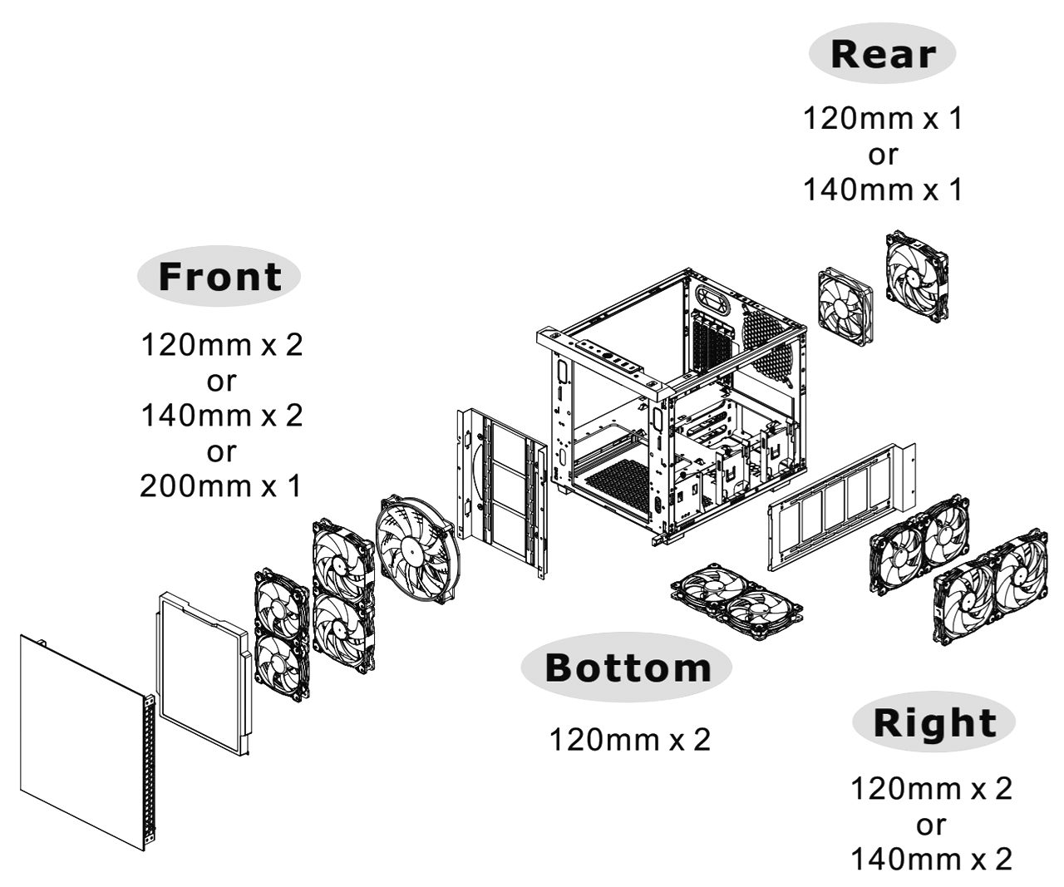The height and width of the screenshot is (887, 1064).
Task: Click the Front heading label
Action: tap(219, 276)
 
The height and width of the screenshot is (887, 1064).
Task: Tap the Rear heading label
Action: tap(883, 54)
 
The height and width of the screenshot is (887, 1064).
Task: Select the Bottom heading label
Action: tap(627, 668)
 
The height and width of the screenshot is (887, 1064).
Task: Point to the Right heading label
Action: tap(934, 722)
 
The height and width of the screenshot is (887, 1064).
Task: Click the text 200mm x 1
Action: tap(221, 485)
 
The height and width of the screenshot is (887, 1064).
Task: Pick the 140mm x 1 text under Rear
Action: tap(883, 190)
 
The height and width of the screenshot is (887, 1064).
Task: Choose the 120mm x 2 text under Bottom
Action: tap(630, 740)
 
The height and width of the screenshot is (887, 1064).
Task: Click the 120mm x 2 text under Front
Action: tap(222, 345)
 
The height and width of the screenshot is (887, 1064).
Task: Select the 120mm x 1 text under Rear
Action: tap(883, 118)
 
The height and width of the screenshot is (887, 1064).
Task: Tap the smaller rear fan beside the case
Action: tap(845, 308)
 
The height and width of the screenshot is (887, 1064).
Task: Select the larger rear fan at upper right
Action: tap(917, 276)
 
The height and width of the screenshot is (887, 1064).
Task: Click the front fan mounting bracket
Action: tap(502, 492)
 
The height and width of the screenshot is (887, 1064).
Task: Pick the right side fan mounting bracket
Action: tap(840, 506)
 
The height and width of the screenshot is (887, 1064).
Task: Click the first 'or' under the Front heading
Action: tap(222, 381)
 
